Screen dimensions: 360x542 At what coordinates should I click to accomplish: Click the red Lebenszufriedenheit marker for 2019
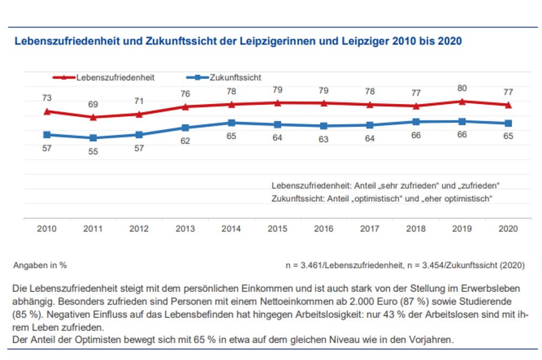(x=462, y=101)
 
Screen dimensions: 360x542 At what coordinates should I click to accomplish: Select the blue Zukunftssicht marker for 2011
(x=93, y=138)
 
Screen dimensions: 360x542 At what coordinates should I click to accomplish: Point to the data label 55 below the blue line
(x=93, y=152)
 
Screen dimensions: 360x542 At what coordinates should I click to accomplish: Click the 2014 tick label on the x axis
(x=231, y=229)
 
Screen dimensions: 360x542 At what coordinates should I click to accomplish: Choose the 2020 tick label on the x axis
(x=508, y=229)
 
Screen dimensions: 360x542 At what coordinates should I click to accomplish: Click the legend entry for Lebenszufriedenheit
(x=114, y=78)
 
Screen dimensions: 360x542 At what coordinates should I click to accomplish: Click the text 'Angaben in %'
(x=41, y=266)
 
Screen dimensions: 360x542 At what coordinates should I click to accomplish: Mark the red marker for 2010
(x=47, y=111)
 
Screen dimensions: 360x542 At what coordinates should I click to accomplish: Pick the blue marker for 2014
(x=231, y=123)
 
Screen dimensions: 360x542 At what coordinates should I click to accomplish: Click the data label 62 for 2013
(x=185, y=142)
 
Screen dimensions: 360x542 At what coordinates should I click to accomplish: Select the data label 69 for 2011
(x=93, y=104)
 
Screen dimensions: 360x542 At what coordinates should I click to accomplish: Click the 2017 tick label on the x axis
(x=370, y=229)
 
